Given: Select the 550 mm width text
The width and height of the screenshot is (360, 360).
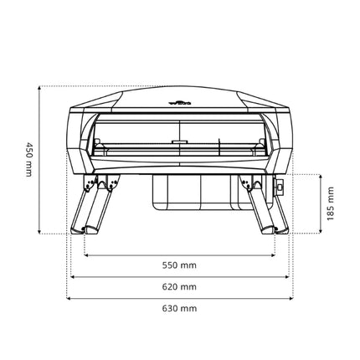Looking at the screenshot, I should [179, 265].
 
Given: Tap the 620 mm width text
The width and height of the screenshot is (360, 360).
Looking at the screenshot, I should [179, 286].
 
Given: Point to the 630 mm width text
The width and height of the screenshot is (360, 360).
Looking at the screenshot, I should [179, 308].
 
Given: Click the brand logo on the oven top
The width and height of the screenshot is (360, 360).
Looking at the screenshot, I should [180, 103].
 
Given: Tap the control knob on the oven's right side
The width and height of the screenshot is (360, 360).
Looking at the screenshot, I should [280, 187].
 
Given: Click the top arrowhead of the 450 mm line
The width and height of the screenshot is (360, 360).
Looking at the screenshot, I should [40, 88].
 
